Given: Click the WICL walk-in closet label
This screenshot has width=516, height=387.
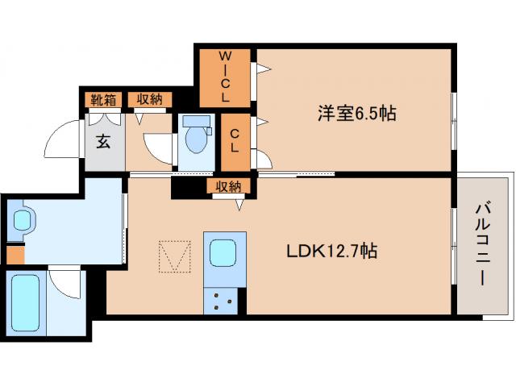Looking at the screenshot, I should tap(226, 77).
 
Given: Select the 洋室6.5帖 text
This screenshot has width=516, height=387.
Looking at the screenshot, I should tap(355, 114).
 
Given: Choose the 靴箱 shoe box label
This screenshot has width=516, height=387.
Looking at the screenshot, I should tap(103, 100).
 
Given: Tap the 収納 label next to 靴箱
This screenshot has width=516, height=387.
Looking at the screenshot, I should tap(148, 100).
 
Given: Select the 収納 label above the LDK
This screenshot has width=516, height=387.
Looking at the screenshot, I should tap(228, 186).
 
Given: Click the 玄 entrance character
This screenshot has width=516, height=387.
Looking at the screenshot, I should tap(104, 142).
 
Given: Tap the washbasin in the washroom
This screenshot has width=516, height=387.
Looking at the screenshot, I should tap(22, 219).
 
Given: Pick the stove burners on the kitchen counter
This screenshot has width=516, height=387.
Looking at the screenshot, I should tap(223, 301).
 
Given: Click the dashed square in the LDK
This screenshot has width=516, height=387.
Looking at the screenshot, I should tap(175, 257).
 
